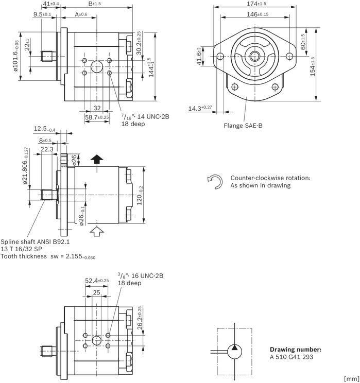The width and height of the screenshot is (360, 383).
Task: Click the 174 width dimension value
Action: coord(256,4)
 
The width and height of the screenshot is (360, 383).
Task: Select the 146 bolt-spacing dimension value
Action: coord(258,14)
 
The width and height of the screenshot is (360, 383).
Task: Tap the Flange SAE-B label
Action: coord(243,126)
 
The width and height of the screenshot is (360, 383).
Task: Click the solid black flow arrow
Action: coord(97,159)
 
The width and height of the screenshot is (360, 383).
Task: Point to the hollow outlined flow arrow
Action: coord(97,231)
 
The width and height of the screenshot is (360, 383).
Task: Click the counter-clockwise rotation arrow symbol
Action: coord(215,182)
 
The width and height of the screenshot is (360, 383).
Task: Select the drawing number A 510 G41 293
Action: coord(292,357)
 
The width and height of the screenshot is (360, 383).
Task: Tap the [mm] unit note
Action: coord(351,379)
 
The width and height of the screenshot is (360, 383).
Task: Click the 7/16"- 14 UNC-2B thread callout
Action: coord(145,117)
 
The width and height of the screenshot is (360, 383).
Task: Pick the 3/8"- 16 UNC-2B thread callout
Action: coord(141,276)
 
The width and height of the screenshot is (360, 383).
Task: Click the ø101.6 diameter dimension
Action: coord(15,56)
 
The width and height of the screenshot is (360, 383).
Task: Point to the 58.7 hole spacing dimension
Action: coord(97,117)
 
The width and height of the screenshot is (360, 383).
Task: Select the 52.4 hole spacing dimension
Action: coord(97,281)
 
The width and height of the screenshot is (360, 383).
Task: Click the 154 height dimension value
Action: coord(313,66)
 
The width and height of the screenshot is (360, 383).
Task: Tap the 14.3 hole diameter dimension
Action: coord(200,108)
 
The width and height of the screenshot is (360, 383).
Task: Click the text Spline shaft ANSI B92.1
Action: coord(35,242)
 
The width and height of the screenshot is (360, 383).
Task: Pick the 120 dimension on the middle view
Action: coord(140,196)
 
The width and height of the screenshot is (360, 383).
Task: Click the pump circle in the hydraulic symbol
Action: coord(235,352)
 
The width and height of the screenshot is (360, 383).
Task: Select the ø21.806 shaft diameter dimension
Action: coord(25,165)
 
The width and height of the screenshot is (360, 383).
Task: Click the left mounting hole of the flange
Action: coord(220,57)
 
